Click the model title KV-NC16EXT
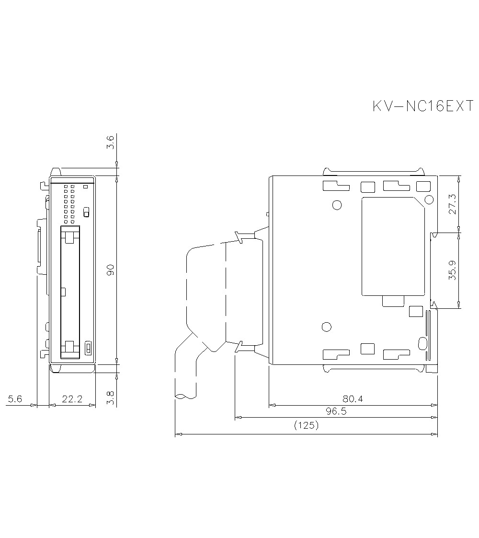coord(423,106)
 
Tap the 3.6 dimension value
coord(110,142)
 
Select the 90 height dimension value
coord(110,270)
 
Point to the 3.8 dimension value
coord(110,398)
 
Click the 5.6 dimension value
coord(15,398)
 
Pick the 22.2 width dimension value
coord(72,398)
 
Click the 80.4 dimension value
coord(353,398)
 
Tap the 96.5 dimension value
coord(336,411)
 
